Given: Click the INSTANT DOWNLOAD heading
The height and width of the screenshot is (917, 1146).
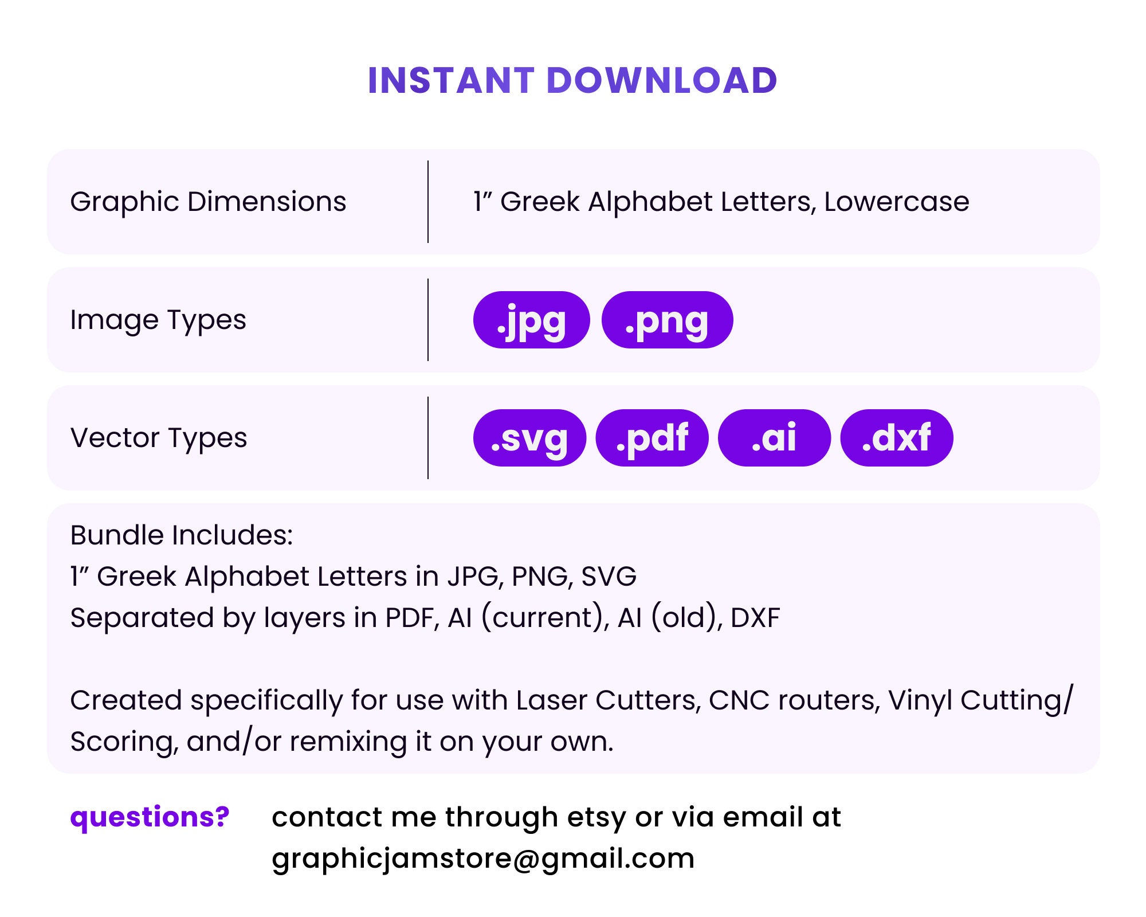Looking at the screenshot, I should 572,80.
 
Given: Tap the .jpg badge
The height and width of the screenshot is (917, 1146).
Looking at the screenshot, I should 531,320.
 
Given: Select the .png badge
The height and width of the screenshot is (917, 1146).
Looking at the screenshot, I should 667,320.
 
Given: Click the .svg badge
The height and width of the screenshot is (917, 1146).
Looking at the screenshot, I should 529,438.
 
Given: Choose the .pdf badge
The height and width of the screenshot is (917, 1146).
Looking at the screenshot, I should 652,438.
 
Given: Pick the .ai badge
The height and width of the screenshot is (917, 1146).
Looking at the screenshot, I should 774,438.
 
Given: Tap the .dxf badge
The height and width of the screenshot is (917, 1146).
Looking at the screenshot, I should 896,438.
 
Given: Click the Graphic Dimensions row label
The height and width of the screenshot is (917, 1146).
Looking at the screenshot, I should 208,202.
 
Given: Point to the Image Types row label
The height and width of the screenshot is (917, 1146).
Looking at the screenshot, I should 158,320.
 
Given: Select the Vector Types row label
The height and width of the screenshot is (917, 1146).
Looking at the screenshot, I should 159,438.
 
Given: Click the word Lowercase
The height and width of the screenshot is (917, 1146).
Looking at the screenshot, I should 897,202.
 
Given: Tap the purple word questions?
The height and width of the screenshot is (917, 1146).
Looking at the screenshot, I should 150,817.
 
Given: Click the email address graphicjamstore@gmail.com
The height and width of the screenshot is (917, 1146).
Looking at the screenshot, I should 483,859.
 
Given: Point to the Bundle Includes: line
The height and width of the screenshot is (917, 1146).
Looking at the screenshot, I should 181,535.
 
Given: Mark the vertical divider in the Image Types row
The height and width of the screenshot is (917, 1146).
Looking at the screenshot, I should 428,320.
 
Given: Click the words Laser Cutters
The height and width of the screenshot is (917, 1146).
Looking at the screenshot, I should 608,700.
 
